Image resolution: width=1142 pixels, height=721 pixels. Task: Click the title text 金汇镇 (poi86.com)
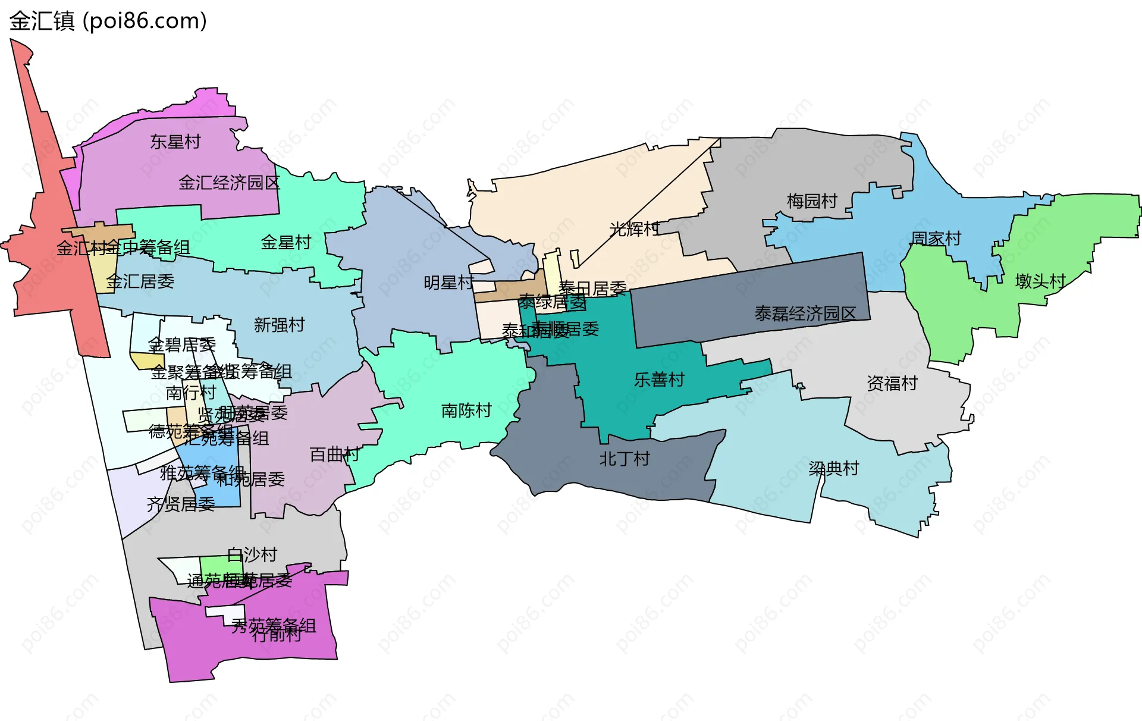point(108,21)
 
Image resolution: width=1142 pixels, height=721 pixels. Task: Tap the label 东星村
point(175,142)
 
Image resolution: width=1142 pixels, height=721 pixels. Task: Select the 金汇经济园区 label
point(229,183)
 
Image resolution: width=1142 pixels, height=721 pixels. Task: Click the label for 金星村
point(286,242)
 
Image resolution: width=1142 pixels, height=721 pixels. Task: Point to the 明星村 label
point(448,282)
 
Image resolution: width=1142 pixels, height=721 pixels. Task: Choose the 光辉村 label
point(634,229)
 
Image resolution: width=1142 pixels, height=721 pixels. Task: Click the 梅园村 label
point(812,201)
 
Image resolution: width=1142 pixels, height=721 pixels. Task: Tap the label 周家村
point(936,239)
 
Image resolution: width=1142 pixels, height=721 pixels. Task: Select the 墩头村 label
point(1040,281)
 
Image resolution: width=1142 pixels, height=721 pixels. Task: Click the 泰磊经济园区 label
point(805,313)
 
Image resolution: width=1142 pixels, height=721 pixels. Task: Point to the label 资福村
point(892,383)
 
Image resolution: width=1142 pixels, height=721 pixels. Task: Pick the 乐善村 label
point(659,380)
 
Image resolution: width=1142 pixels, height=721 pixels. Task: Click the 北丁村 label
point(625,459)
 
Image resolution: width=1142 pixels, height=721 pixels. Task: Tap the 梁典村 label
point(834,469)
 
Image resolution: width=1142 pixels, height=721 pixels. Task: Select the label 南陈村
point(466,410)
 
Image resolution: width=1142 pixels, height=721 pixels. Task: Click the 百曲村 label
point(334,455)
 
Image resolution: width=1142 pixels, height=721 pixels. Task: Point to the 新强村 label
point(279,325)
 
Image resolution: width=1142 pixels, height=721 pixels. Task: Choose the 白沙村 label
point(252,554)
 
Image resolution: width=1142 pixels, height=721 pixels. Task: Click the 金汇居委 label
point(140,281)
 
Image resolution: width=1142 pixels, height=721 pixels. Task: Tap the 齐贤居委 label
point(181,504)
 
